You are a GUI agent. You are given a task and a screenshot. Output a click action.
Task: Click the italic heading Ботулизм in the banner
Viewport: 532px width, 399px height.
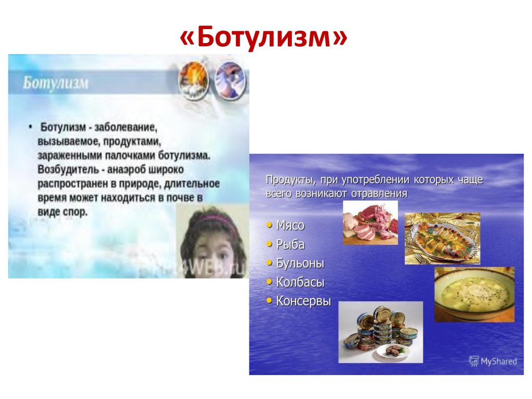pyautogui.click(x=56, y=83)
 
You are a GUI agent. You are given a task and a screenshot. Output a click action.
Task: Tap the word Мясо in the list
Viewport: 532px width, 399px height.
pyautogui.click(x=290, y=225)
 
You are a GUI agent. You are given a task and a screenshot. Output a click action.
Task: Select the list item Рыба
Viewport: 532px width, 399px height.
pyautogui.click(x=290, y=245)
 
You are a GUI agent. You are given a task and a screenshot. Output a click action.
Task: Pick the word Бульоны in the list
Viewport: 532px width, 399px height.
pyautogui.click(x=300, y=263)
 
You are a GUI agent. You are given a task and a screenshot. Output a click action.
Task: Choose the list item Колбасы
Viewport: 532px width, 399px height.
pyautogui.click(x=300, y=282)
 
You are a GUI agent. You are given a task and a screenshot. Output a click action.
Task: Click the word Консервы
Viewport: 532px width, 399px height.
pyautogui.click(x=303, y=301)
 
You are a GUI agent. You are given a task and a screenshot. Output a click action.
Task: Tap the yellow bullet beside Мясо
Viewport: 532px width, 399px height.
pyautogui.click(x=270, y=225)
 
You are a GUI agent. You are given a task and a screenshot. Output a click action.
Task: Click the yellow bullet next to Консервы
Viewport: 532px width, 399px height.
pyautogui.click(x=270, y=300)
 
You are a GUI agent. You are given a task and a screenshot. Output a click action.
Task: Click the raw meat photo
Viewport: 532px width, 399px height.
pyautogui.click(x=370, y=222)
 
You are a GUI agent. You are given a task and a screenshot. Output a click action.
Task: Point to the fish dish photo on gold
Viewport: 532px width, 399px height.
pyautogui.click(x=443, y=238)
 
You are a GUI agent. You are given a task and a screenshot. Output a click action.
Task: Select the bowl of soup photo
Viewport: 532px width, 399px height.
pyautogui.click(x=474, y=294)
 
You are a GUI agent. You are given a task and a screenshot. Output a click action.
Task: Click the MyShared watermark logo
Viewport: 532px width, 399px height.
pyautogui.click(x=493, y=362)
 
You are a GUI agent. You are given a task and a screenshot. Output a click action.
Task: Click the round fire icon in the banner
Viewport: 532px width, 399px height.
pyautogui.click(x=193, y=81)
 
